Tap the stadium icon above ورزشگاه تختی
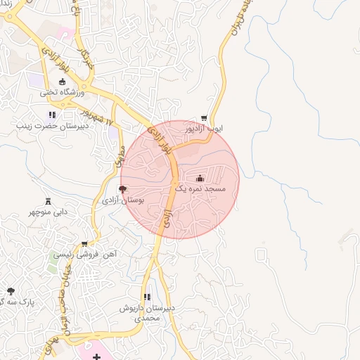tap(62, 82)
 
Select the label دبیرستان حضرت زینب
tap(53, 126)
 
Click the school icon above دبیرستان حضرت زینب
tap(51, 115)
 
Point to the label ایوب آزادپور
tap(204, 129)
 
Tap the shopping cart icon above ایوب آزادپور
tap(204, 118)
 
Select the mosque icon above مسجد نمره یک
tap(200, 178)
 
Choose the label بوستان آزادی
tap(123, 200)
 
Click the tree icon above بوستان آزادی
tap(123, 189)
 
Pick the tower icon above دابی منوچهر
tap(48, 200)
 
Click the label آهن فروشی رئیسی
tap(85, 255)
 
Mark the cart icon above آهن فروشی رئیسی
tap(84, 244)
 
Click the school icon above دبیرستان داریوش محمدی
tap(147, 297)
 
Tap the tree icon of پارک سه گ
tap(11, 290)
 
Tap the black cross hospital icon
tap(96, 357)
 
